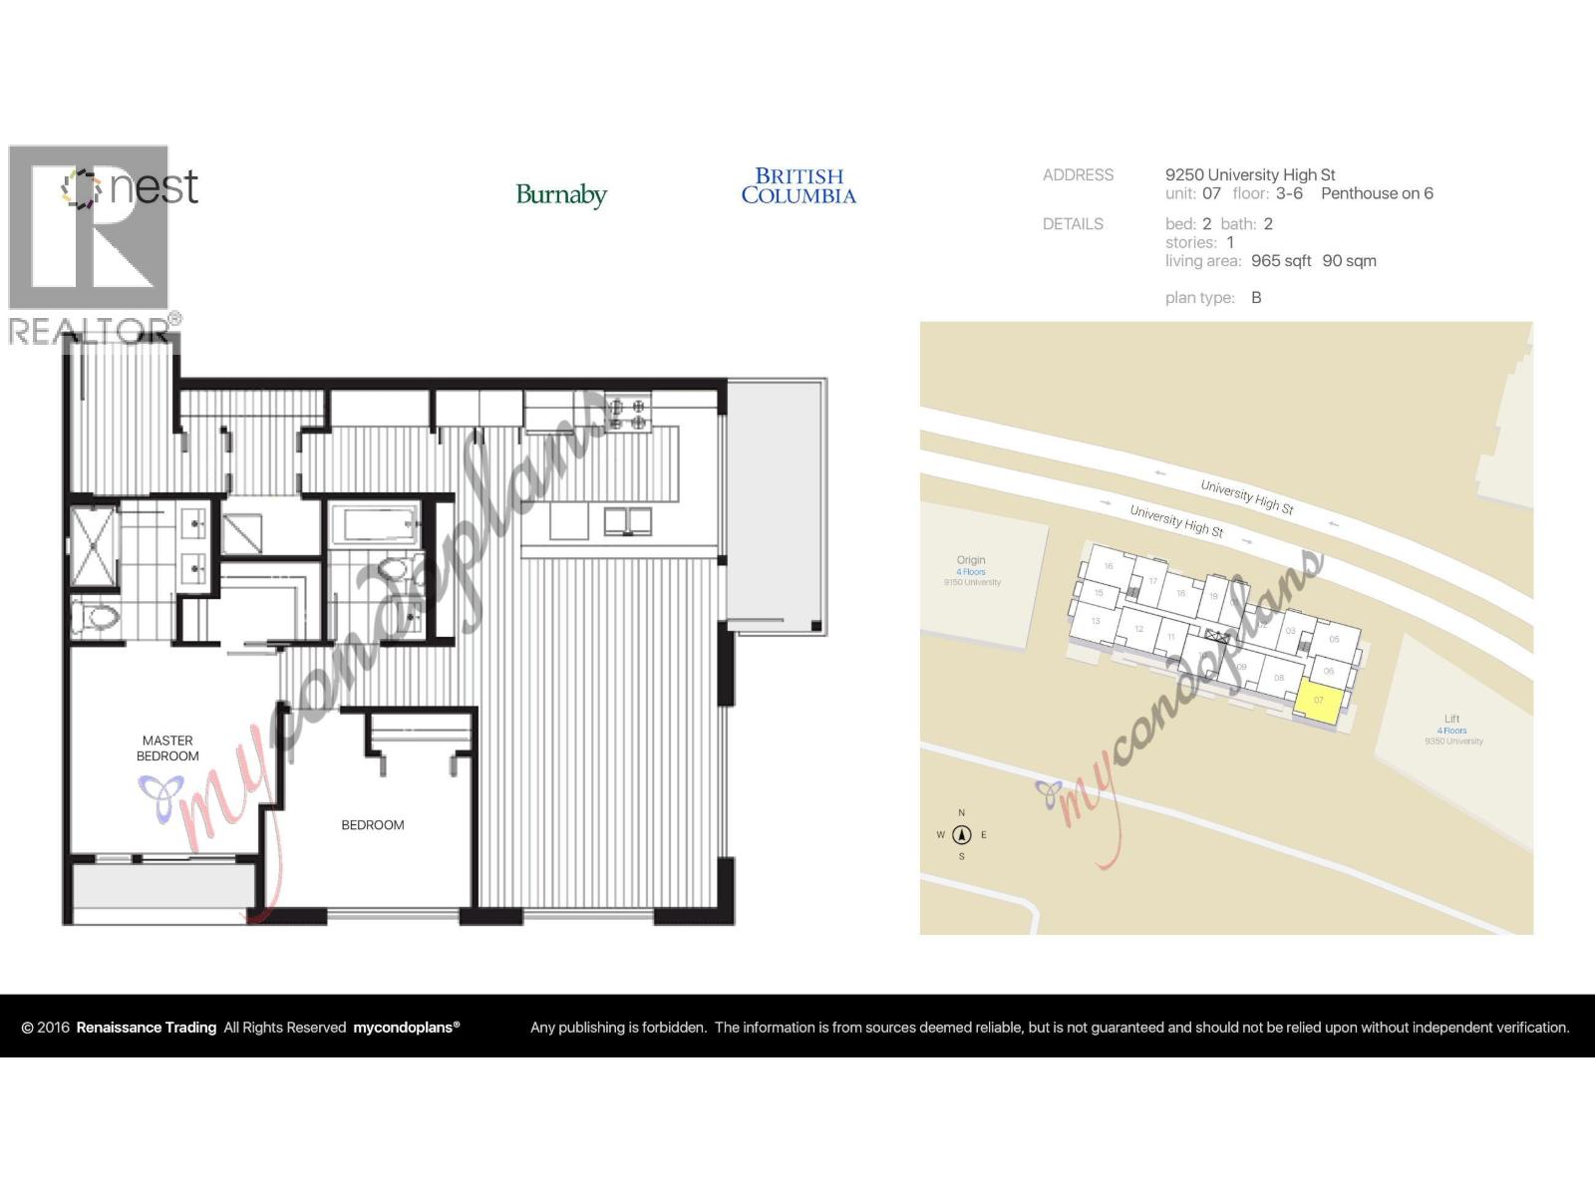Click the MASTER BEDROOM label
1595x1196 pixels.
(x=167, y=748)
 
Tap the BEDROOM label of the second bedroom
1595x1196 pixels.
(x=373, y=825)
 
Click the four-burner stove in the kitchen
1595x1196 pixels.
(x=628, y=414)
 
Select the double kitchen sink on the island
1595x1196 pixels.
(x=627, y=520)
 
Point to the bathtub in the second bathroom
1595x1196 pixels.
(x=374, y=525)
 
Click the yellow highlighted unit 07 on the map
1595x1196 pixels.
(x=1318, y=700)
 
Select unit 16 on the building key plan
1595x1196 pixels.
(x=1109, y=566)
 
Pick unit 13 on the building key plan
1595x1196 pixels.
(x=1096, y=621)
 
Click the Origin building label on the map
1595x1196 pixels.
(x=971, y=560)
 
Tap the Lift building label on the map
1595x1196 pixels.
(x=1451, y=719)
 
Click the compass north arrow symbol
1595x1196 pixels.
(x=962, y=835)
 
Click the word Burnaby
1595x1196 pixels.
(x=561, y=194)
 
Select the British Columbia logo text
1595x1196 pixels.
(x=798, y=186)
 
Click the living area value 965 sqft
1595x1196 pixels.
(x=1281, y=261)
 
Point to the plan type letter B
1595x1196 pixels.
(x=1256, y=298)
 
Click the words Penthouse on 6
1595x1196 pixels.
(x=1377, y=193)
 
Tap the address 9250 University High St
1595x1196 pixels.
(x=1250, y=174)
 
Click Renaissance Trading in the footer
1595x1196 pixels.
(x=147, y=1028)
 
